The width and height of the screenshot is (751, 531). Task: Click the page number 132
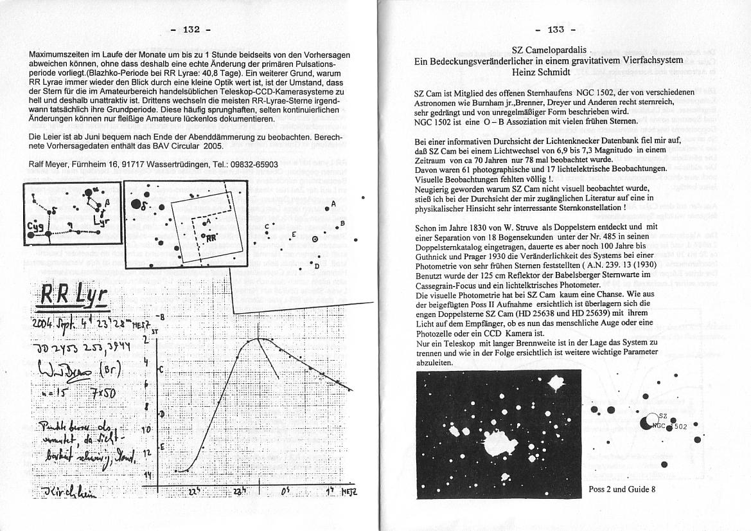[x=192, y=29]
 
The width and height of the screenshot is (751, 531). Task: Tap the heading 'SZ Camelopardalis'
[x=550, y=50]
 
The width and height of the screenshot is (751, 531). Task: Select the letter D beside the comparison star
[x=316, y=264]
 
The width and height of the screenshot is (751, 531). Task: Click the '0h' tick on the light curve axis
[x=285, y=491]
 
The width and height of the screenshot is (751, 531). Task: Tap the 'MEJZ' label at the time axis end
[x=349, y=491]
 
